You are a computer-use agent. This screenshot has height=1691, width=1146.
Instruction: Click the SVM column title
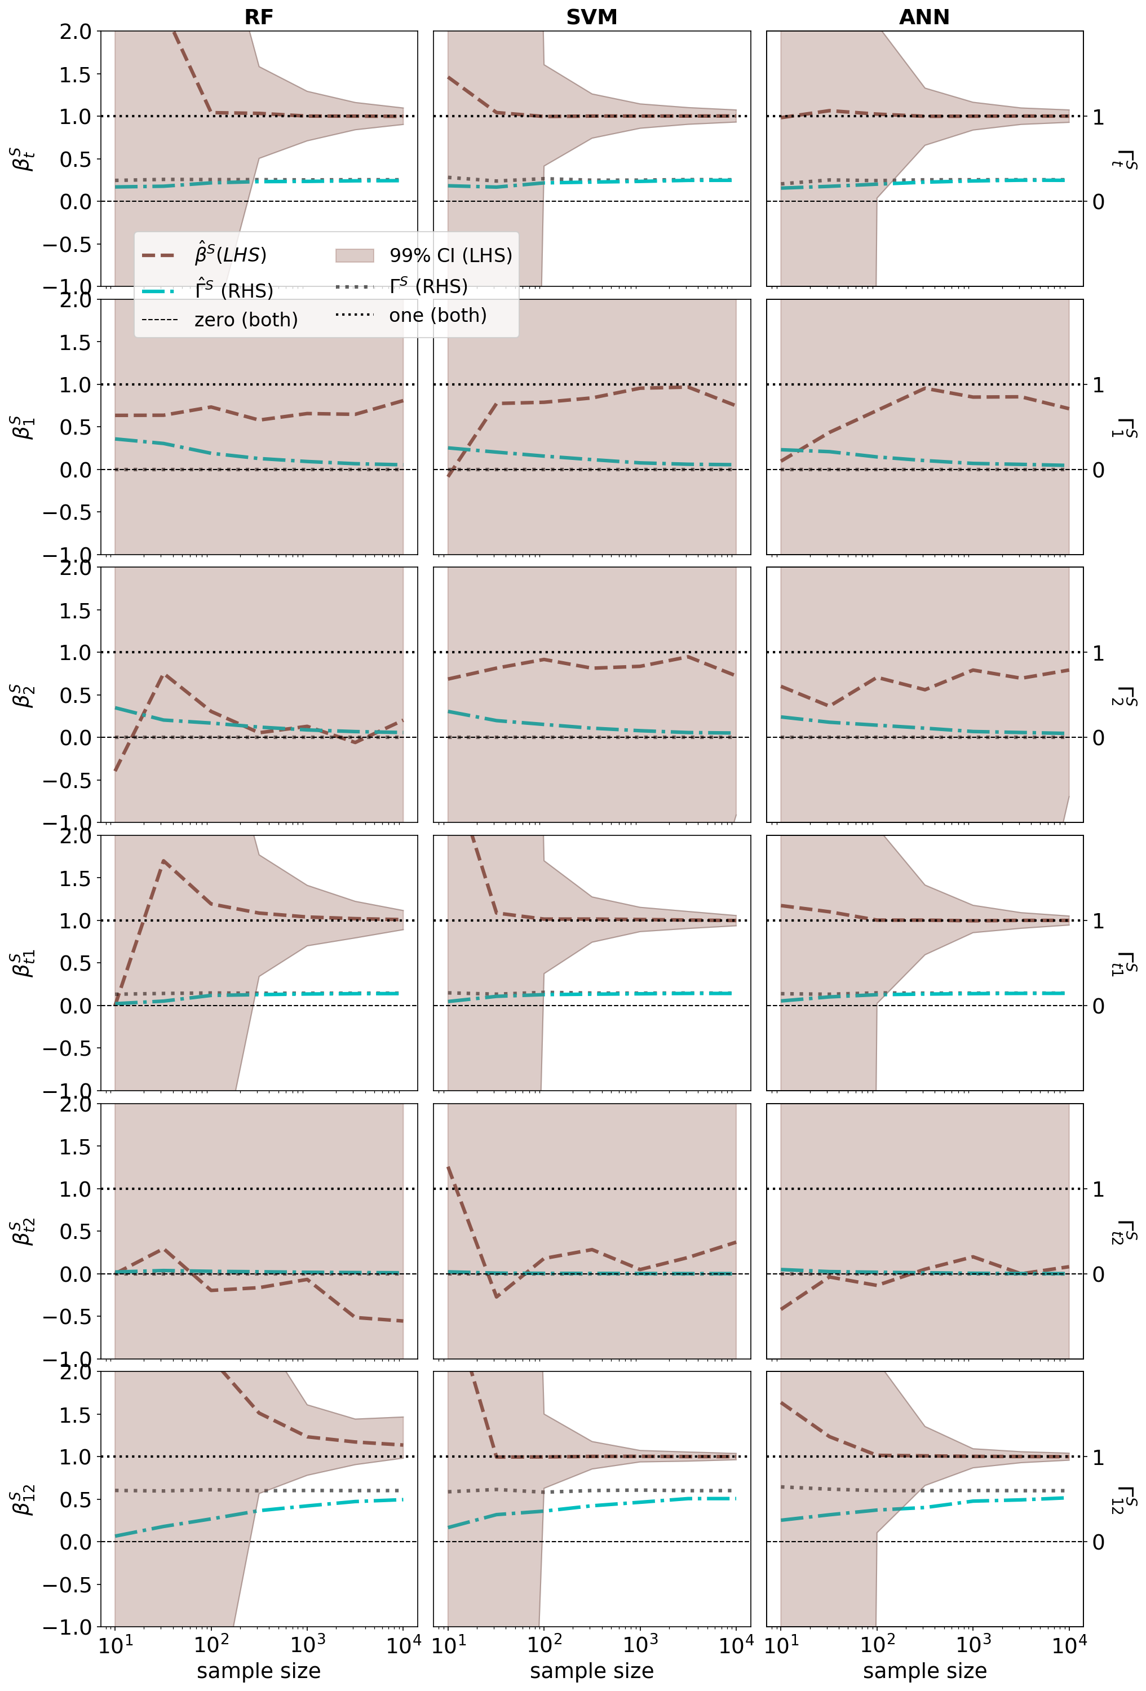(591, 17)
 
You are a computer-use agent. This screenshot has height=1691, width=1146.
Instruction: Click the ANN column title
(924, 17)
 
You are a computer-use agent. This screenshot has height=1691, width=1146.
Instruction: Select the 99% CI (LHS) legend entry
(450, 255)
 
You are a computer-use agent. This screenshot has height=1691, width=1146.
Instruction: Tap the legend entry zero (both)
(246, 320)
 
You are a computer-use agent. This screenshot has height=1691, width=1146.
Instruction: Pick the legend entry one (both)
(437, 315)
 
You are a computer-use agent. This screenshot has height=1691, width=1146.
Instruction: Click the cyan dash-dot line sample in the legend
(158, 291)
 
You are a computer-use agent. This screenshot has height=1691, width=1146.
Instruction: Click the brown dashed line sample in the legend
(158, 255)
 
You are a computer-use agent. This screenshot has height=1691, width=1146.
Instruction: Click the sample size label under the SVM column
(591, 1671)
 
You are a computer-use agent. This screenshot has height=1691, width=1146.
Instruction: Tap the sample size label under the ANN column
(924, 1671)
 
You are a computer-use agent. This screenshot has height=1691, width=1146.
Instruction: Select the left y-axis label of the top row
(23, 158)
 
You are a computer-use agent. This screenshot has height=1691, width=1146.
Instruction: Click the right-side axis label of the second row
(1123, 427)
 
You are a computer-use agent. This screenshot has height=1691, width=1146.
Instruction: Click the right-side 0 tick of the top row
(1098, 202)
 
